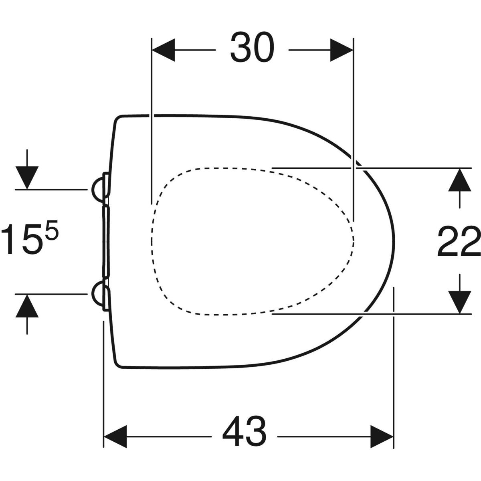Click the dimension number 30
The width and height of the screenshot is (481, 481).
click(252, 47)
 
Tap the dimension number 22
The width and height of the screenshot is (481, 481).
click(459, 241)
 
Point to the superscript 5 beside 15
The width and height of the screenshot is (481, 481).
click(53, 229)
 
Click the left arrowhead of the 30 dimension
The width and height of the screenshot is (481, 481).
click(163, 50)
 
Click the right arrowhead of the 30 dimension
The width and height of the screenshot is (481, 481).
click(342, 50)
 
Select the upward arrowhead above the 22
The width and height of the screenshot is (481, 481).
click(459, 180)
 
